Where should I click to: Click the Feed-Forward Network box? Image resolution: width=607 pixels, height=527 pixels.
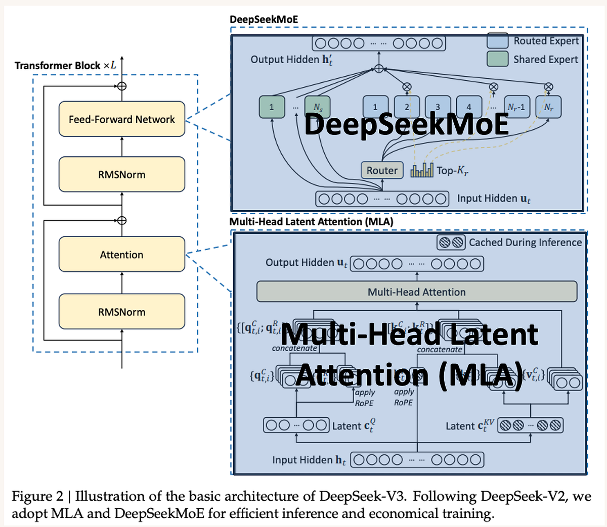coord(121,119)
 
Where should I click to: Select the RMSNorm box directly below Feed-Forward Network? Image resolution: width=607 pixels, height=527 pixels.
coord(121,175)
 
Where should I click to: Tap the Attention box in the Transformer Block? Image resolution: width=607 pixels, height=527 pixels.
coord(121,255)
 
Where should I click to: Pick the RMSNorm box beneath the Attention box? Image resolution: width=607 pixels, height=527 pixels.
coord(121,312)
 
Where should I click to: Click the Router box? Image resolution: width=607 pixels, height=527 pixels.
coord(382,171)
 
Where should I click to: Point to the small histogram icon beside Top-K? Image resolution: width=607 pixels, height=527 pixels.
coord(422,170)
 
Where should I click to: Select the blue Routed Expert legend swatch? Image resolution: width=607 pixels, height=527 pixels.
coord(497,41)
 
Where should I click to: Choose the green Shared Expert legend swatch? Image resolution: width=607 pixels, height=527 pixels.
coord(497,59)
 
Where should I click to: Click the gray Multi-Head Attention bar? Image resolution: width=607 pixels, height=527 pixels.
coord(416,292)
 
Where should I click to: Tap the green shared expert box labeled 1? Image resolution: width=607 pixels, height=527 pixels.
coord(272,107)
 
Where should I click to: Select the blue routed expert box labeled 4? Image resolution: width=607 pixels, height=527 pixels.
coord(468,107)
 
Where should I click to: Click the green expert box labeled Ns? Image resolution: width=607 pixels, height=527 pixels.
coord(318,107)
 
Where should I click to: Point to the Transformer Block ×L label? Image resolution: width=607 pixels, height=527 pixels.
coord(65,66)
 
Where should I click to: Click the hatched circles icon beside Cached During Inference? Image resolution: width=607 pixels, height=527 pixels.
coord(451,243)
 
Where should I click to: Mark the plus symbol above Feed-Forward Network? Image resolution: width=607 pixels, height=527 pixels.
coord(121,86)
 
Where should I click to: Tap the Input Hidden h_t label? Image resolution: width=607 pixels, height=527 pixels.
coord(309,460)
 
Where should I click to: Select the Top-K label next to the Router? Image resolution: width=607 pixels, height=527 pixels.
coord(452,171)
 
